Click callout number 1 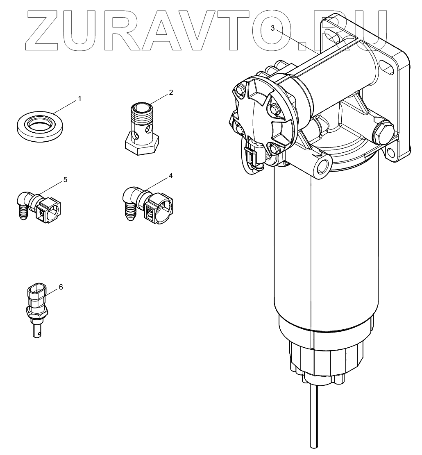[x=80, y=99]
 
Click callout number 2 [x=170, y=93]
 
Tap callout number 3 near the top [x=272, y=28]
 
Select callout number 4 [x=170, y=176]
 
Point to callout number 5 [x=65, y=179]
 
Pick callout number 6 [x=61, y=287]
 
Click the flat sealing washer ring [x=40, y=125]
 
